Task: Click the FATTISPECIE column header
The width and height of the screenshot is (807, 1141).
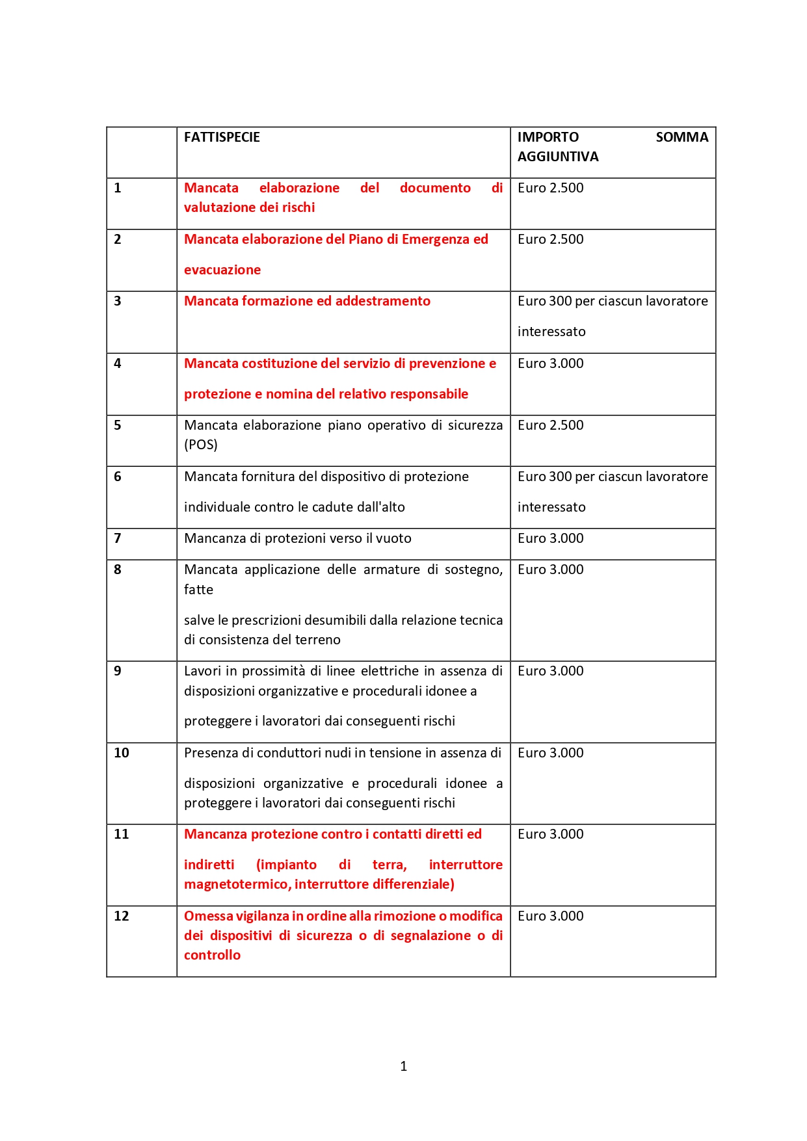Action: pos(222,137)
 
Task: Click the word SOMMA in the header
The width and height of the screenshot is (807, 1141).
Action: pos(681,137)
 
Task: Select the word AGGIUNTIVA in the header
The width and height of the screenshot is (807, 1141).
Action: pos(558,157)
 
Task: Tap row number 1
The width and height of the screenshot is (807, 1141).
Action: pos(118,188)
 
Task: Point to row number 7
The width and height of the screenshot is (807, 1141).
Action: pos(118,538)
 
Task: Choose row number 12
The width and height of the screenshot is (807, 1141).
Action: pos(122,916)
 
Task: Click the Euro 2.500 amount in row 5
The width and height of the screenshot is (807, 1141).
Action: pos(550,425)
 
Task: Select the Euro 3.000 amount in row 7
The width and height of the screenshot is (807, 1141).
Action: pos(550,538)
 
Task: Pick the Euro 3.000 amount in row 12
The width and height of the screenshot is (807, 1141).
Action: pos(550,916)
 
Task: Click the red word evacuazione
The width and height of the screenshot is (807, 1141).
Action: pos(222,270)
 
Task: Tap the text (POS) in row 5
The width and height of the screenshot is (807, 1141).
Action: pos(201,445)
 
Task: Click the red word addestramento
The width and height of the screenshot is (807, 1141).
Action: pos(382,301)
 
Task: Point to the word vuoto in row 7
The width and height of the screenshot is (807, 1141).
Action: pos(394,538)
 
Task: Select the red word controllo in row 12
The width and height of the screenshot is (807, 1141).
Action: pos(212,955)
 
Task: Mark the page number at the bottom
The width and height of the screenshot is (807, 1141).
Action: pos(404,1066)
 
